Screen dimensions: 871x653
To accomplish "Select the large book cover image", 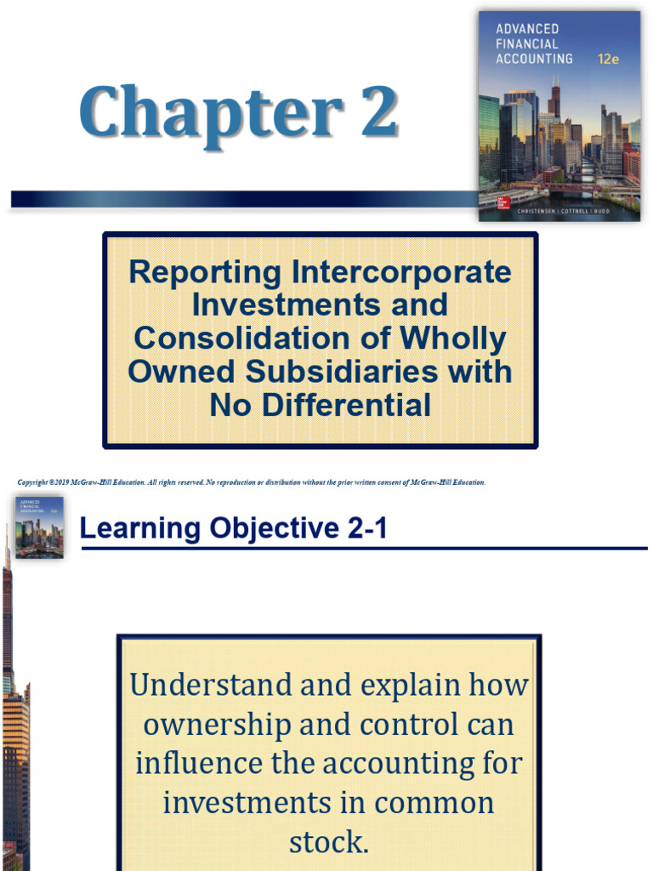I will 559,116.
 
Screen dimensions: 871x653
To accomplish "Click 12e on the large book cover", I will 608,60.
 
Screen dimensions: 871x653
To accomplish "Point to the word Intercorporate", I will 401,273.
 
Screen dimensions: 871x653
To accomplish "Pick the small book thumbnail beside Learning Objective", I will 39,527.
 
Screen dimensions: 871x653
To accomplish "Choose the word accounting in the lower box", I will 410,763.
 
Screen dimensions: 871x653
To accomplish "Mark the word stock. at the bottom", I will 328,842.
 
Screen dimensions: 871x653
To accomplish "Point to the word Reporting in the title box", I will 204,273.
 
